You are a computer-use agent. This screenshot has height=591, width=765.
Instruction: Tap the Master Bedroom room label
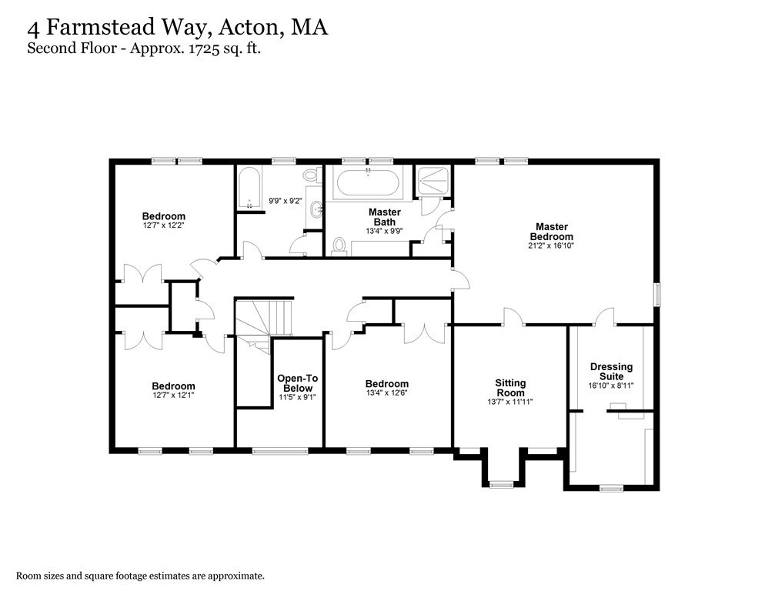(551, 232)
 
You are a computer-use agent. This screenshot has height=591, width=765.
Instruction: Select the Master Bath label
(384, 216)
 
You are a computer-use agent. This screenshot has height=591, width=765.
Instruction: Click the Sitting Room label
(509, 387)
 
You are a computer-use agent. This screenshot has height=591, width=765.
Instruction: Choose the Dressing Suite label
(611, 372)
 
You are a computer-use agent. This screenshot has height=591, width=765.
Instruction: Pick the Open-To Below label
(297, 382)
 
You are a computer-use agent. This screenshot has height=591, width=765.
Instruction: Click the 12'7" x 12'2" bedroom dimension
(163, 226)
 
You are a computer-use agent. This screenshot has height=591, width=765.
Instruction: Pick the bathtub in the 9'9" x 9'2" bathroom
(249, 189)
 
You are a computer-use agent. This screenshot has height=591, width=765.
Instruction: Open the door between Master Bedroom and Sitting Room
(513, 317)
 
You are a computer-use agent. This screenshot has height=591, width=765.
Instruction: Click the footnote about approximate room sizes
(141, 575)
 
